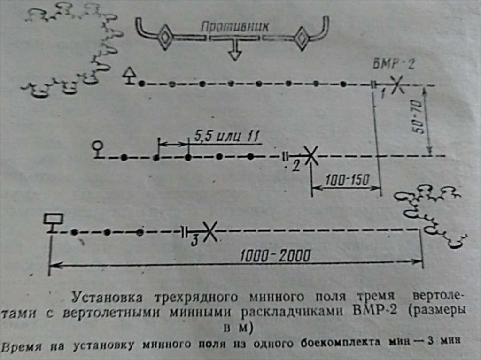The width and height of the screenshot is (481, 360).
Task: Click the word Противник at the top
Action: coord(235,26)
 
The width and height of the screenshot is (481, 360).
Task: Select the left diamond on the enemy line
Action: coord(165,38)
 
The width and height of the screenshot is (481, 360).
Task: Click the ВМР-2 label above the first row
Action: coord(394,66)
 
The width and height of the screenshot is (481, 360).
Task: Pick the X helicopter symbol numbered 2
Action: coord(310,155)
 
